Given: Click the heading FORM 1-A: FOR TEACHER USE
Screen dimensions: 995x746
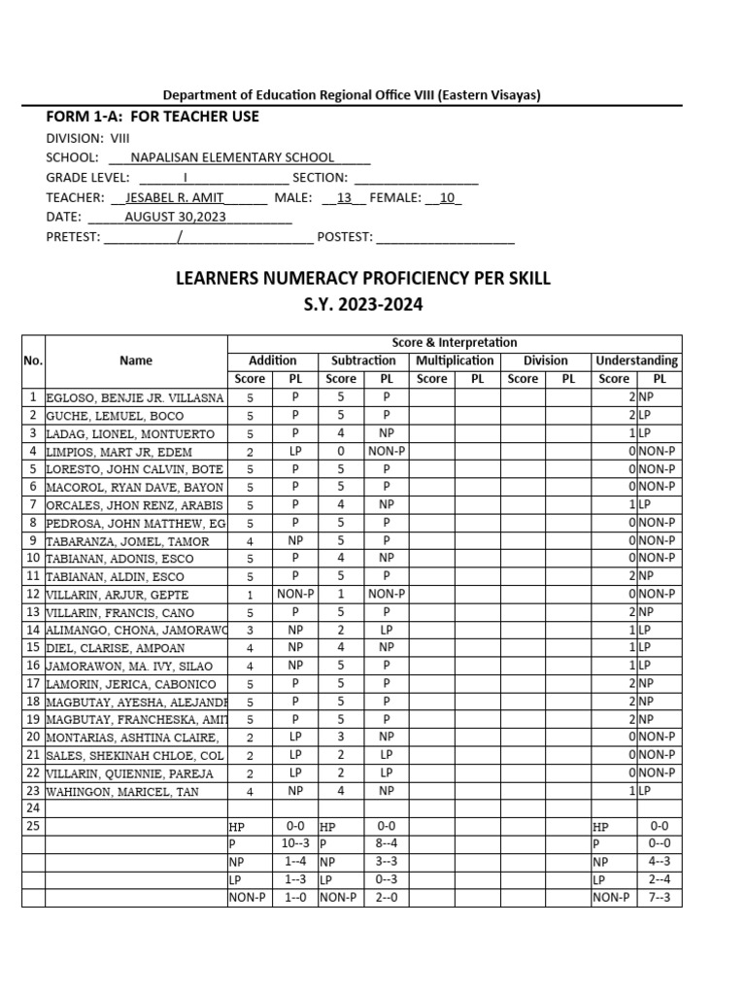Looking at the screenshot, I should point(153,117).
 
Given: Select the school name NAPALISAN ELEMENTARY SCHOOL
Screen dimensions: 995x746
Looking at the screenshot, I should point(232,157).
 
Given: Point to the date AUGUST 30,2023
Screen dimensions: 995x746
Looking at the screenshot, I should point(175,217).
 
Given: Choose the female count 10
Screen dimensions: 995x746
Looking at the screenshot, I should point(447,197).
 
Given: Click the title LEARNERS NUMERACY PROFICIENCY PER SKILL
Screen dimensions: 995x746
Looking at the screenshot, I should point(362,279).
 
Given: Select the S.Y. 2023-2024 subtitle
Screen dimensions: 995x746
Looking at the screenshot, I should point(362,305).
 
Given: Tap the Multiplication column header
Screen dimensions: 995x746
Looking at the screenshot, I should point(455,360).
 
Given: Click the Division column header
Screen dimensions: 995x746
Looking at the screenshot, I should point(545,360).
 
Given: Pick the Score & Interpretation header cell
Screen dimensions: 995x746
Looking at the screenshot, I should point(454,343).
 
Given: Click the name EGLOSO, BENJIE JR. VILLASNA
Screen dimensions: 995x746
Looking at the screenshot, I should point(135,398).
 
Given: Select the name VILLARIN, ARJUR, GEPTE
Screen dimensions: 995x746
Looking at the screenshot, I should point(118,595).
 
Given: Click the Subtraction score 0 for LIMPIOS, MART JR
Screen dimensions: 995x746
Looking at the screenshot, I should point(341,451).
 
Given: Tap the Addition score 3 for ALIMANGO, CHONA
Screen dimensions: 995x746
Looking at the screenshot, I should point(250,630).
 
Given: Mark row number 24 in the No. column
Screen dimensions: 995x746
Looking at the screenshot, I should point(33,807).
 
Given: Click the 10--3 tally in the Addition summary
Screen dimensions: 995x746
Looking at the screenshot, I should point(295,843).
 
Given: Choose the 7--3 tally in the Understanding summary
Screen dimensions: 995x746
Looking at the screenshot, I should point(660,898).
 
